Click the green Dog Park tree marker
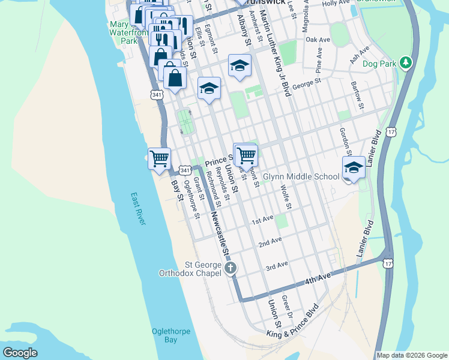click(x=406, y=62)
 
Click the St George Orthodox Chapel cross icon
click(x=231, y=269)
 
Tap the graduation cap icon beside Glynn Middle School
click(x=354, y=167)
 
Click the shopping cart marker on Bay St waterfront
click(x=160, y=159)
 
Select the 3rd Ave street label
click(x=277, y=265)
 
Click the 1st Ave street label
click(x=262, y=221)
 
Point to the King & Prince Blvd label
click(x=292, y=323)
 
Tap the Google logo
click(x=20, y=353)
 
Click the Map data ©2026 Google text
click(x=412, y=355)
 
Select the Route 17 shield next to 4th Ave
click(x=389, y=263)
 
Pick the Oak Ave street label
click(x=318, y=40)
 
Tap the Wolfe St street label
click(x=286, y=197)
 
